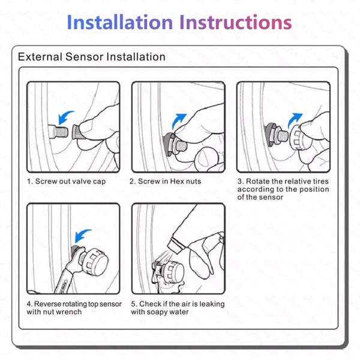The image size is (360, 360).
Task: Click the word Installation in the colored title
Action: (x=119, y=22)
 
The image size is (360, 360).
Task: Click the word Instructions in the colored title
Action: (x=236, y=22)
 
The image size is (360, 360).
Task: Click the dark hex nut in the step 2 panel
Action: (x=167, y=144)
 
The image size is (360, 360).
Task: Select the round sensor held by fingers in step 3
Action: (x=298, y=138)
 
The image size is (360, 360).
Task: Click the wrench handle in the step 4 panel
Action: (x=63, y=281)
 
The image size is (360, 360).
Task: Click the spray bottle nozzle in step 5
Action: (x=176, y=245)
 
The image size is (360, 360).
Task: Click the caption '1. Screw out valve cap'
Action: (x=67, y=181)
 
